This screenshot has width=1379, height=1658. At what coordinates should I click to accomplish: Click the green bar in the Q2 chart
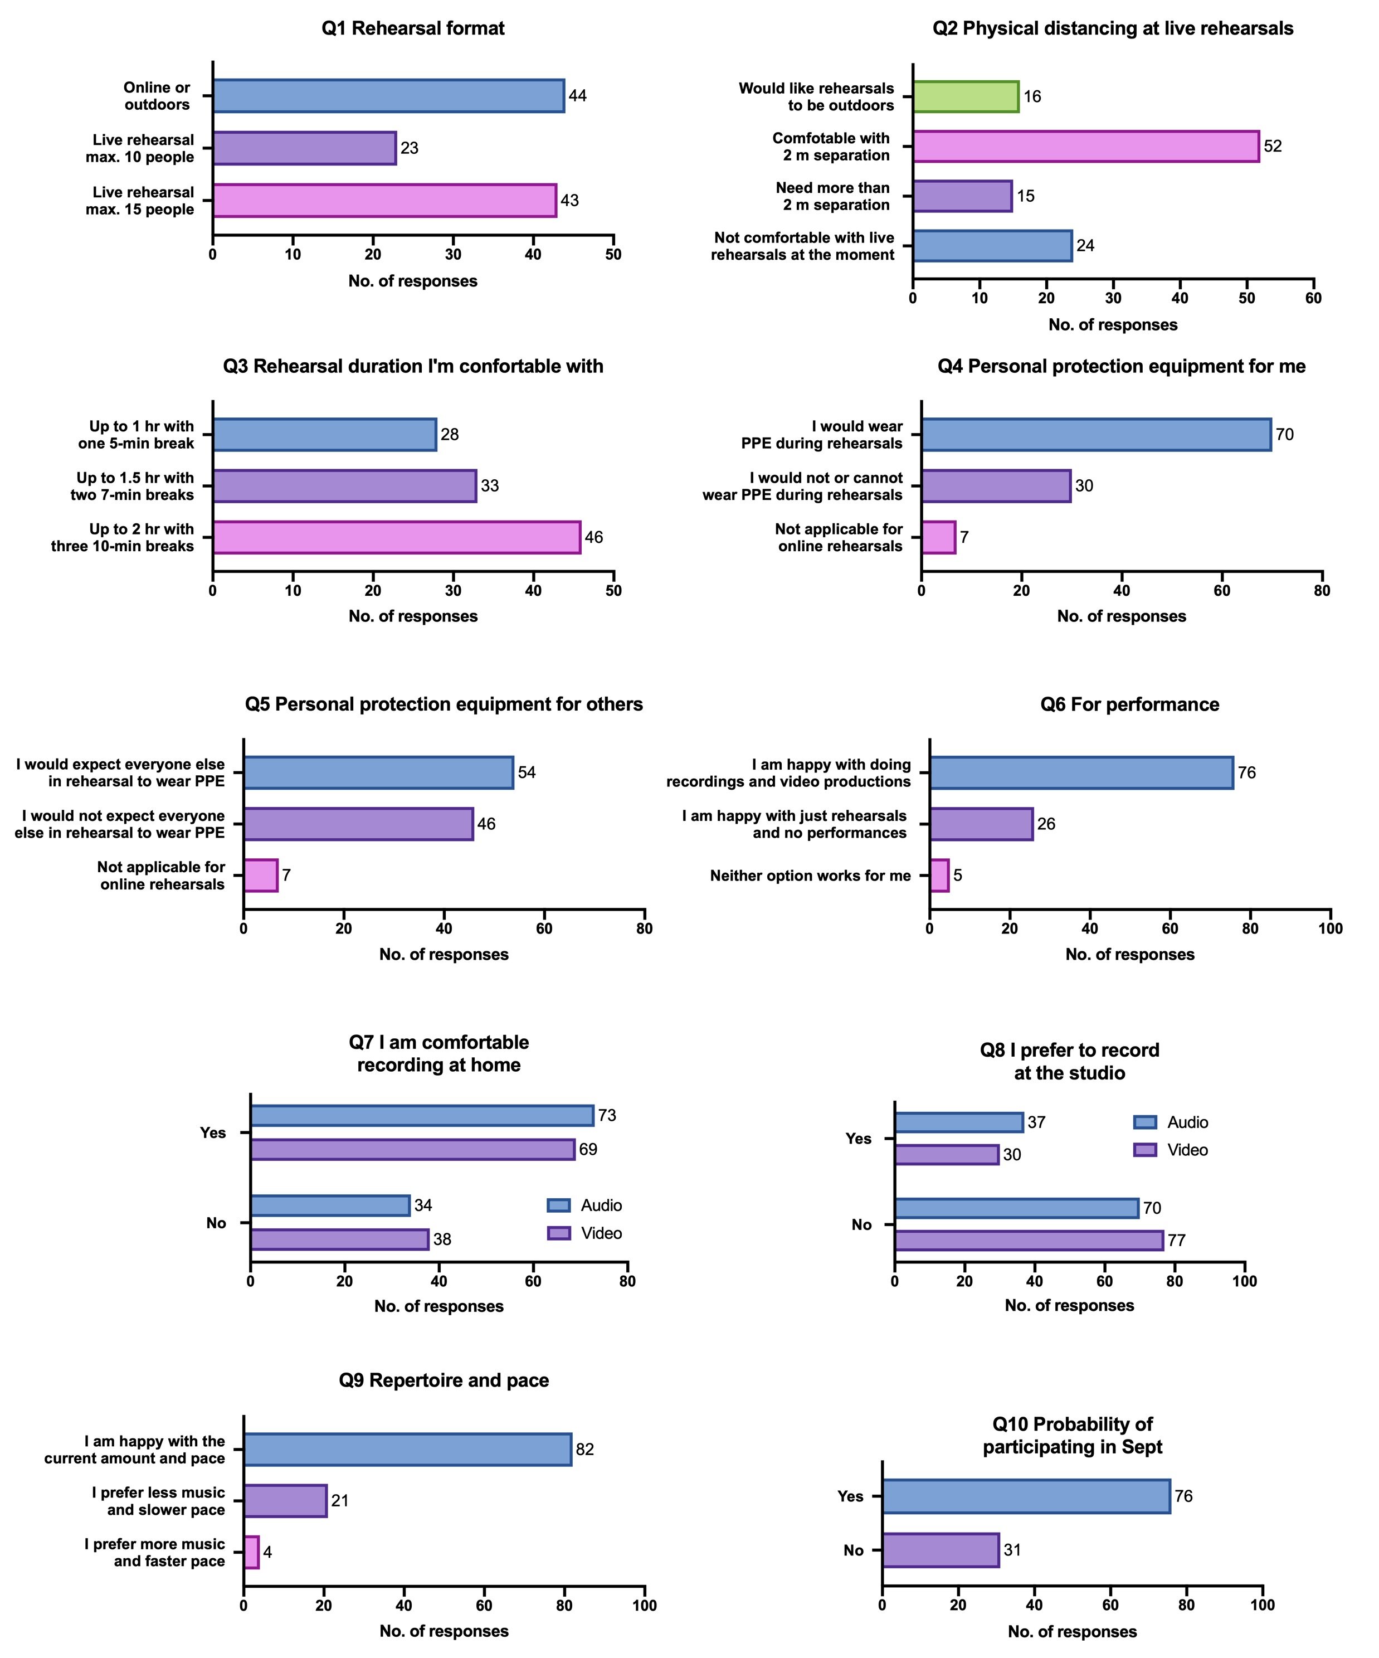966,96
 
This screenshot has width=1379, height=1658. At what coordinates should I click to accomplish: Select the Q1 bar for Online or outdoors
388,95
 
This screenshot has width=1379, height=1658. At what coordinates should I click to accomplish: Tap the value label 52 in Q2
1273,146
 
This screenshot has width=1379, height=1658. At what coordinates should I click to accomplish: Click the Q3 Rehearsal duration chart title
413,366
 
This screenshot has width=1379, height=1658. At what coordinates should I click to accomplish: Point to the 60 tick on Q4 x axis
1222,591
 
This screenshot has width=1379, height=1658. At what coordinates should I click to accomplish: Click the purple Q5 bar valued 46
358,824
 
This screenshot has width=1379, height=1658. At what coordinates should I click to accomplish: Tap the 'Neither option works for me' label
810,876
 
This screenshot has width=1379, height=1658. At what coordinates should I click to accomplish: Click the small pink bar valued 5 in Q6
939,876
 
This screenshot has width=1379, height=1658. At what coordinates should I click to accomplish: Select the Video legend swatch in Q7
559,1233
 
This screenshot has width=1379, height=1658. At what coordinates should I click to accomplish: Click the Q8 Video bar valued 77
1029,1241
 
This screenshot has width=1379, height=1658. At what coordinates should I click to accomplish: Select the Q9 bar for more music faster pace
251,1552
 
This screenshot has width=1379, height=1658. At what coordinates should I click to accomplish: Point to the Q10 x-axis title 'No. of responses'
1072,1631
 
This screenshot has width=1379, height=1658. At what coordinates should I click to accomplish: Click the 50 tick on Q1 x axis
613,254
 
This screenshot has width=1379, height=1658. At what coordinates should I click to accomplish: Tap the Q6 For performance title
1129,704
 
